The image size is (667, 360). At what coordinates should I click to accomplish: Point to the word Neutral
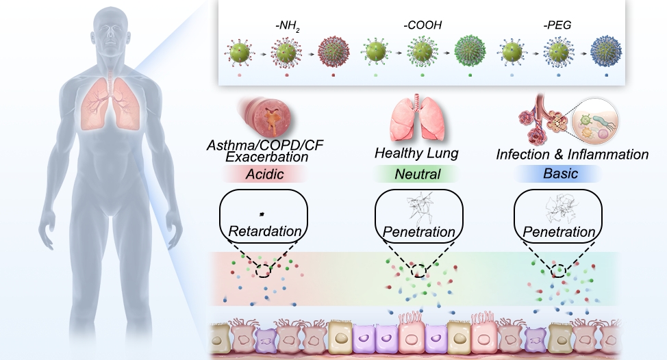coord(417,174)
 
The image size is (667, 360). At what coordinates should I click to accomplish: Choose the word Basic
coord(561,174)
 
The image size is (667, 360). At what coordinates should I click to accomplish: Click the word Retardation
coord(264,231)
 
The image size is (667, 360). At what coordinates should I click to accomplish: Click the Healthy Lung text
coord(417,153)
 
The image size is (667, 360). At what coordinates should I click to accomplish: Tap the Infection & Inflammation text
coord(572,154)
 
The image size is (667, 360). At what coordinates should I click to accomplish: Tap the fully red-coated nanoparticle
coord(333,51)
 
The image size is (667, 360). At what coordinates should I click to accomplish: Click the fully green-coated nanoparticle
coord(470,51)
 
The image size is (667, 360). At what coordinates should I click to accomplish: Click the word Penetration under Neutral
coord(418,232)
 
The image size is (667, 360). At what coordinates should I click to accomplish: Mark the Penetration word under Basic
coord(559,232)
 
